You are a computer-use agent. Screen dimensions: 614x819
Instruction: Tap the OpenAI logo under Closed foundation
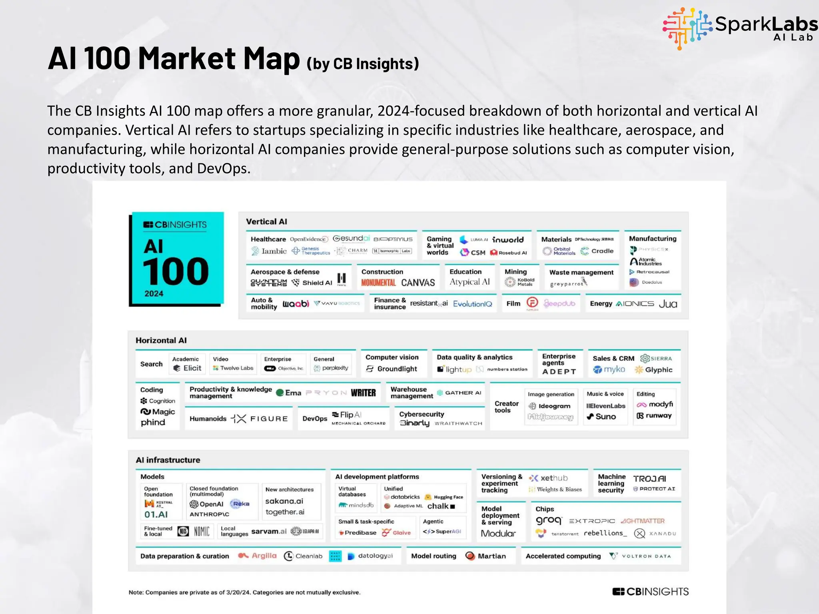tap(206, 504)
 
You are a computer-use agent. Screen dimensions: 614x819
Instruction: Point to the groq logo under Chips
tap(549, 520)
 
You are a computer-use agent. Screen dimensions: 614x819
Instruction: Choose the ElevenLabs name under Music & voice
tap(605, 406)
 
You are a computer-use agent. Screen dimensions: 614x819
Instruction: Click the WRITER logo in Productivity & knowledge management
tap(363, 393)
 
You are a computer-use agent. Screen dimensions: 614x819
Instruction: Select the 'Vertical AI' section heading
tap(266, 221)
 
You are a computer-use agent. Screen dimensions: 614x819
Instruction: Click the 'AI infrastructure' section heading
tap(168, 460)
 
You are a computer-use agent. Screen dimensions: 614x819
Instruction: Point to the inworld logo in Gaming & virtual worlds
tap(507, 239)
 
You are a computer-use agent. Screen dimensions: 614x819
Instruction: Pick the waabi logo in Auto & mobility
tap(296, 304)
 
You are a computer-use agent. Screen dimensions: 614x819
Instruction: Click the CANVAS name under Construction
tap(418, 283)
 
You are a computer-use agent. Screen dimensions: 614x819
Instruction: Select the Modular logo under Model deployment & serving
tap(498, 533)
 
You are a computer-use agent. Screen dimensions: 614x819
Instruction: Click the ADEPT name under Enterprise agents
tap(559, 371)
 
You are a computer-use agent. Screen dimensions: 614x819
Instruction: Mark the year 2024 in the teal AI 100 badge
tap(154, 293)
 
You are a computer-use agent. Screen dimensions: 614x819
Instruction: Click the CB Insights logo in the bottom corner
tap(650, 592)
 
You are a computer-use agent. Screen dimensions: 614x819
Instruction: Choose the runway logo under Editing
tap(654, 416)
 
